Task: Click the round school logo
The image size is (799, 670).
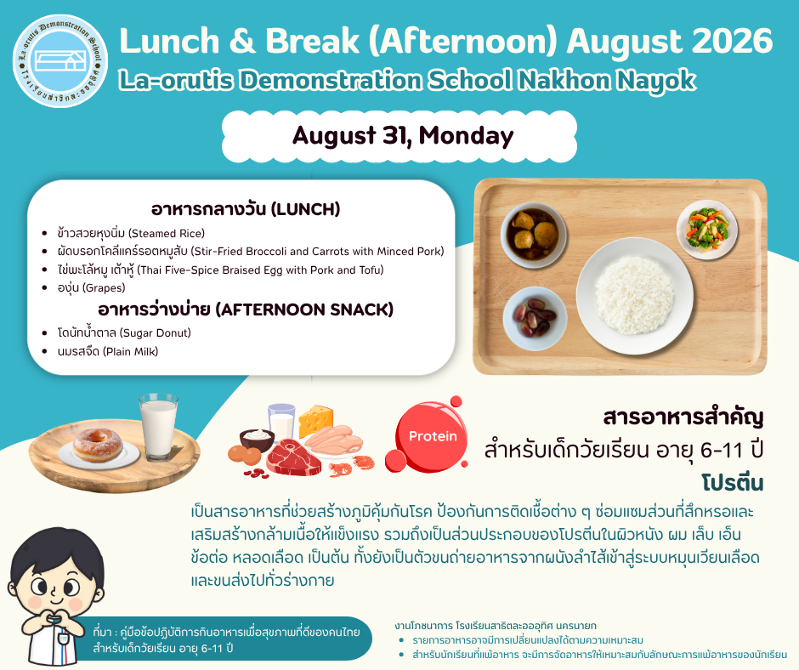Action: tap(60, 61)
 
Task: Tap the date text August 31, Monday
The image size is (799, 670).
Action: tap(403, 136)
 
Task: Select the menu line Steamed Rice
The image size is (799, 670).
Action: tap(131, 233)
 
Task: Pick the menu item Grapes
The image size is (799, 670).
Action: tap(91, 287)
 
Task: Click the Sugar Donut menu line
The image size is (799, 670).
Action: tap(124, 333)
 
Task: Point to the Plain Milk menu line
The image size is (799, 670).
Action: tap(107, 351)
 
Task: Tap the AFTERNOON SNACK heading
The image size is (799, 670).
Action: tap(246, 309)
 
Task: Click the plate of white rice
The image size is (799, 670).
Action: tap(634, 296)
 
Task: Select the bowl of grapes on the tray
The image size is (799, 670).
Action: tap(535, 319)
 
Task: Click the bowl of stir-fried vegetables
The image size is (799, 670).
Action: tap(706, 230)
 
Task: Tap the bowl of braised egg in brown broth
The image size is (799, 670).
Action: tap(534, 235)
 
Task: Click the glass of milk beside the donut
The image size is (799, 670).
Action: tap(158, 428)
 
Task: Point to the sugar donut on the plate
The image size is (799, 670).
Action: tap(98, 445)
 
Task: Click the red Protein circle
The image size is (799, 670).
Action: tap(432, 436)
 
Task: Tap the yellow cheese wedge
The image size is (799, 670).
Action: tap(315, 420)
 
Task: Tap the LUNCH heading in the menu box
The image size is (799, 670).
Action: tap(246, 209)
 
